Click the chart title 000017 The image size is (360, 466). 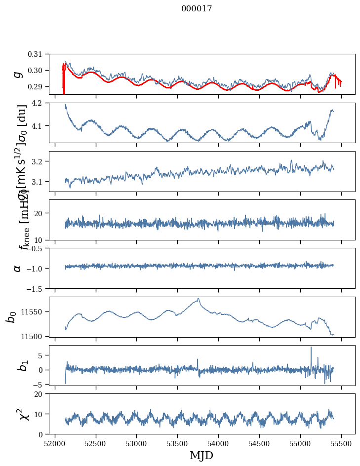pos(197,9)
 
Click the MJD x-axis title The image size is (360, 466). pos(201,455)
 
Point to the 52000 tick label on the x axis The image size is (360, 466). pos(55,443)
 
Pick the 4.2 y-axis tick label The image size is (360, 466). pos(40,103)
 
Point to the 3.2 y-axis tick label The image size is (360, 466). pos(40,161)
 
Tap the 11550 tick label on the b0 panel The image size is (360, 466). pos(34,312)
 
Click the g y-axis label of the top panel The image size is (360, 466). pos(18,74)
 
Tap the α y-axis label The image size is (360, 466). pos(18,268)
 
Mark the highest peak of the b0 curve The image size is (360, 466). pos(199,298)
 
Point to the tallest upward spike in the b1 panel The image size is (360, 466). pos(311,347)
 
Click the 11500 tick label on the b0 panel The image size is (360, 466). pos(34,336)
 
